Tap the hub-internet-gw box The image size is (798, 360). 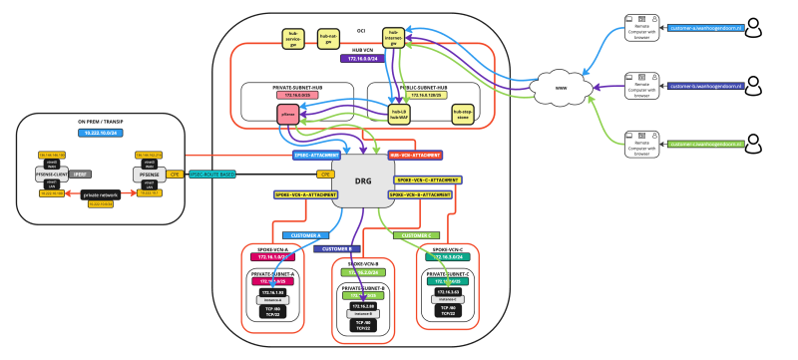coord(396,38)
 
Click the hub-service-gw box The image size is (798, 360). coord(294,38)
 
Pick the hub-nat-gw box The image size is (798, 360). coord(328,38)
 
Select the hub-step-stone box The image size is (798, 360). coord(460,115)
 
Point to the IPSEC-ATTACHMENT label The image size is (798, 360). coord(315,157)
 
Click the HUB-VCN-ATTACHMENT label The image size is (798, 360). coord(415,157)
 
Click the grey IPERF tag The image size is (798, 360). coord(81,173)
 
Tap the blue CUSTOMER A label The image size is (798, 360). coord(299,235)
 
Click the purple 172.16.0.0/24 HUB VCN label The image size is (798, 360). coord(365,60)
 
